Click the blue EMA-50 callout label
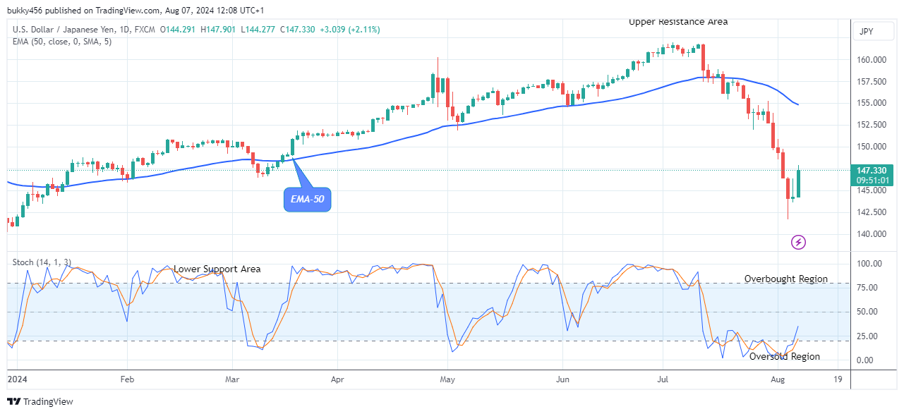(308, 200)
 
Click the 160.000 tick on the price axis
(872, 60)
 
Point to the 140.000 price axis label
(872, 234)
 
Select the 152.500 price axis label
(872, 125)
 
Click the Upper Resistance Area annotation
(678, 22)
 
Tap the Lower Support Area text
(217, 269)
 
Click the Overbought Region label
(786, 279)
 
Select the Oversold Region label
(785, 357)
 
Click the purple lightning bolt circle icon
(798, 243)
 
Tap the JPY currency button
(865, 32)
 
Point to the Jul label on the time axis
(663, 379)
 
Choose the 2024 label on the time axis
(18, 379)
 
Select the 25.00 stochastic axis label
(869, 336)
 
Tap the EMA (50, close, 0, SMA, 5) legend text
(62, 42)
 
